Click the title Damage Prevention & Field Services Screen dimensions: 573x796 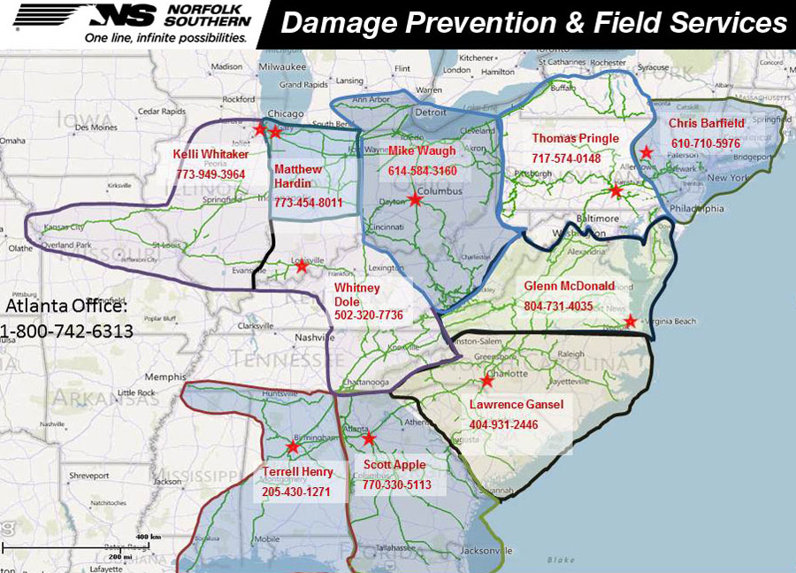[533, 24]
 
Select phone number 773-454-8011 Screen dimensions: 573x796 [308, 204]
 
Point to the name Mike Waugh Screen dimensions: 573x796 [423, 151]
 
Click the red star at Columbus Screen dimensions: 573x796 [415, 200]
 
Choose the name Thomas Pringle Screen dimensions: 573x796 [576, 139]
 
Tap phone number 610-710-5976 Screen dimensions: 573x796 [705, 143]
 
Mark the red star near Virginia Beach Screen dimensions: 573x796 [630, 321]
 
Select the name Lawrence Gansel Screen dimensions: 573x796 [517, 405]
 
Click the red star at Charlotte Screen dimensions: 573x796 [486, 382]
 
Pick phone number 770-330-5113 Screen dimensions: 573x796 [396, 484]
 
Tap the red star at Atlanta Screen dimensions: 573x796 [369, 437]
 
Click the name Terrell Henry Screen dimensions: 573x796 [297, 472]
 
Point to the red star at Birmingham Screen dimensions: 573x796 [293, 446]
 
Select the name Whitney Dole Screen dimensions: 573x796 [356, 295]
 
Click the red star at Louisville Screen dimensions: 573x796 [302, 266]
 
